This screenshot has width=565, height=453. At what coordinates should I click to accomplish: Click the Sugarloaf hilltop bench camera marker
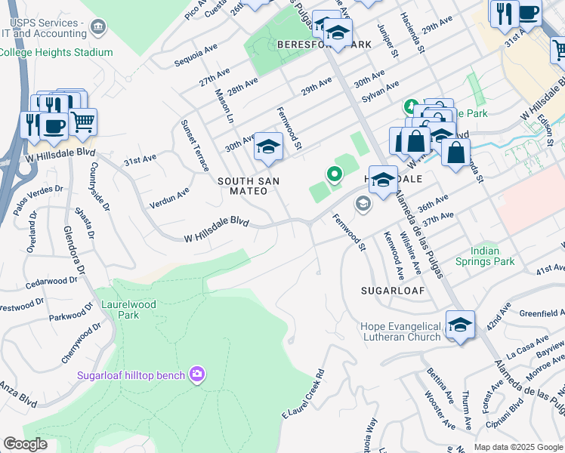(x=197, y=374)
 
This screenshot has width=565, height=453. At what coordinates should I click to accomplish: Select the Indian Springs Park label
(x=484, y=256)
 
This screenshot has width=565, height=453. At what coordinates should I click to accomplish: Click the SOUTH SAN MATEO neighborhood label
(x=248, y=186)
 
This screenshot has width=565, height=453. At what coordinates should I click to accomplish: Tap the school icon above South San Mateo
(x=268, y=147)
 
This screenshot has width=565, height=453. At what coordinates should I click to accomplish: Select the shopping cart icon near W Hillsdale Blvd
(x=83, y=121)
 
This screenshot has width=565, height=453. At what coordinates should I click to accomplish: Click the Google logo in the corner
(x=26, y=444)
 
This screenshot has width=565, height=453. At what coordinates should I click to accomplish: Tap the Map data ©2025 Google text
(x=517, y=447)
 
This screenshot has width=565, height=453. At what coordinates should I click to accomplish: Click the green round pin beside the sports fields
(x=334, y=174)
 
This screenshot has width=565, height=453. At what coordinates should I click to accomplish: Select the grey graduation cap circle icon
(x=363, y=203)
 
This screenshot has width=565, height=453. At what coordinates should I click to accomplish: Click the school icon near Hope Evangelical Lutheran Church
(x=460, y=324)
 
